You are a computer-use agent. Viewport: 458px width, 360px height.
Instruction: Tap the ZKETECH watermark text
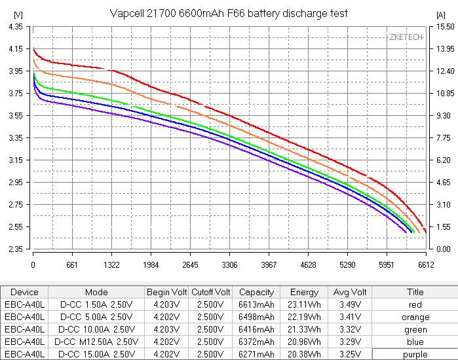tap(406, 37)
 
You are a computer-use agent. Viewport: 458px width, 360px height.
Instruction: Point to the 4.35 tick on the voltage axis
tap(15, 27)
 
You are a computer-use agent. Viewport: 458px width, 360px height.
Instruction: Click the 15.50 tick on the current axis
tap(445, 27)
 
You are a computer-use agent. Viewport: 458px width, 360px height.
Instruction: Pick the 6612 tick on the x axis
tap(426, 265)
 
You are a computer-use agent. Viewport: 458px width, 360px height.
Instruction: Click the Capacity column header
tap(257, 292)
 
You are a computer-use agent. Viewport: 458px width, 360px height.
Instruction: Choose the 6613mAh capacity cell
tap(257, 304)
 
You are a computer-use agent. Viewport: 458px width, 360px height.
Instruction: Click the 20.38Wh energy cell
tap(304, 354)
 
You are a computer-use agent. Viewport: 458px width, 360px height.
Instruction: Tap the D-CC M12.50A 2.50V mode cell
tap(97, 342)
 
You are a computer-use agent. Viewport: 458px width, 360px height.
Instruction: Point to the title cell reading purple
tap(415, 354)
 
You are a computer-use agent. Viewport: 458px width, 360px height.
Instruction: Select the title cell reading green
tap(415, 329)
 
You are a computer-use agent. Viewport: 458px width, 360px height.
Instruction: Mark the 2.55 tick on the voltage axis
tap(15, 227)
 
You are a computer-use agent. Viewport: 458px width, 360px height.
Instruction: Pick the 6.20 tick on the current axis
tap(444, 160)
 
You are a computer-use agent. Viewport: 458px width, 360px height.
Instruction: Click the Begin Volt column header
tap(166, 292)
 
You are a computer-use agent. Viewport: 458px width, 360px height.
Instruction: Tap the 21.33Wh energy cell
tap(304, 329)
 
